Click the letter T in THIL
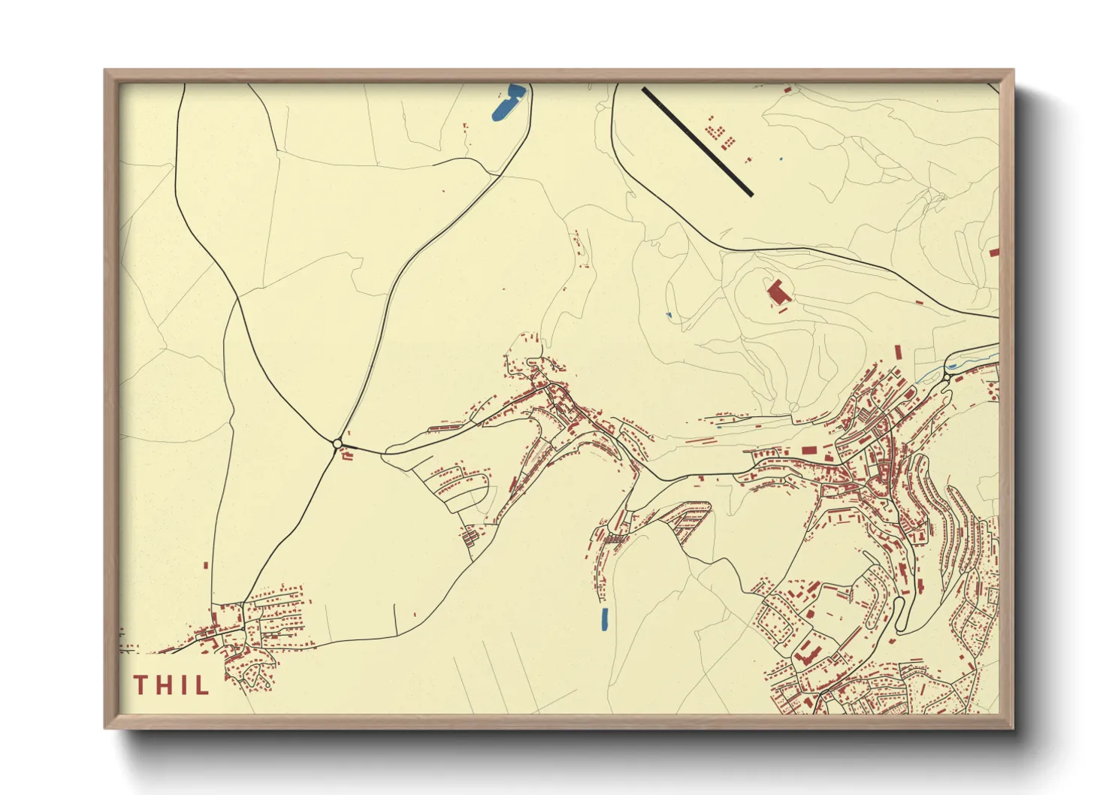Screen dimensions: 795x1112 [141, 685]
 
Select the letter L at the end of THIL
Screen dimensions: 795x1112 [202, 685]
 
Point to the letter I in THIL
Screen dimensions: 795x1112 [183, 685]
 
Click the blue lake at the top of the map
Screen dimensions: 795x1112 [508, 103]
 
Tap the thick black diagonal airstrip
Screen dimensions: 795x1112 [697, 141]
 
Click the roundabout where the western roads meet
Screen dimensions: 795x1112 [337, 443]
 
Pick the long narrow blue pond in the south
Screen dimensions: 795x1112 [604, 619]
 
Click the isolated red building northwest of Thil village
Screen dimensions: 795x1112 [206, 566]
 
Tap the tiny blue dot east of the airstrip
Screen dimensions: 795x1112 [781, 159]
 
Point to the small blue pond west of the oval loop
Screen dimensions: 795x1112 [668, 314]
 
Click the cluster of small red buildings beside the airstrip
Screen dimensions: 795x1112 [719, 135]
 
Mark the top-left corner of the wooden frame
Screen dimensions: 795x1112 [105, 71]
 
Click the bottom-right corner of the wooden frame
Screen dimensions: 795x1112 [1013, 727]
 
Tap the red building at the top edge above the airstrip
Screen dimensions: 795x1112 [787, 89]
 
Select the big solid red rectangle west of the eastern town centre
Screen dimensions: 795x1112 [808, 450]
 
